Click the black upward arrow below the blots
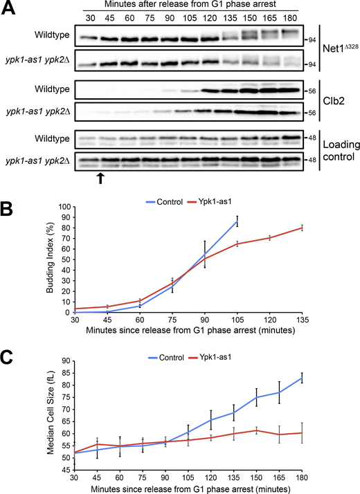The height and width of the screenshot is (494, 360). click(x=100, y=179)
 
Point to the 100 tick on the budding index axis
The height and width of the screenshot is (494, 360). click(x=64, y=207)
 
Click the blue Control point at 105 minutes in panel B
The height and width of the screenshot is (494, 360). click(x=237, y=221)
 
